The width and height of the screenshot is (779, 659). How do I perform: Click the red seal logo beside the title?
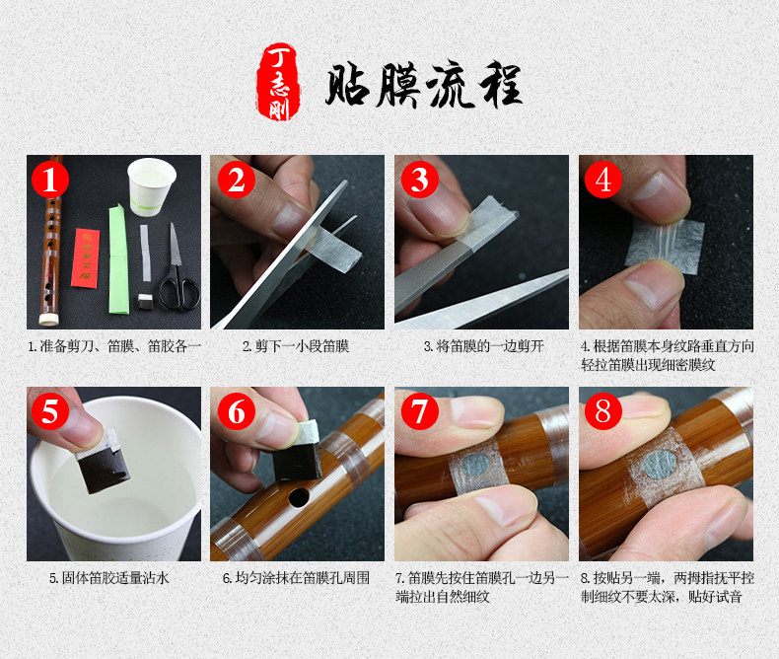click(x=279, y=82)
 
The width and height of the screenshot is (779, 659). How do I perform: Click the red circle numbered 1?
click(x=50, y=179)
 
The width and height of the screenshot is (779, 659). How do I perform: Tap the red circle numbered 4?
click(x=603, y=179)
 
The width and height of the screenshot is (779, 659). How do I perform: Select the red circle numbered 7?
click(x=420, y=411)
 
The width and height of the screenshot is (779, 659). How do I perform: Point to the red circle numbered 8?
click(x=603, y=411)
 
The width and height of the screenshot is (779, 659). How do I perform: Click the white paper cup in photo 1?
click(x=152, y=186)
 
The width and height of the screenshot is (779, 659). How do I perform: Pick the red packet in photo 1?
click(x=85, y=257)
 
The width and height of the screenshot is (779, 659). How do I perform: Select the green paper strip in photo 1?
click(x=118, y=259)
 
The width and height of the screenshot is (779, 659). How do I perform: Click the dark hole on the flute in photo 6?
click(x=299, y=497)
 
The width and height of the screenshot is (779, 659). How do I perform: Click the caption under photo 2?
click(x=296, y=346)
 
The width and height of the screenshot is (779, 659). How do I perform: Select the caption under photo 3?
click(x=484, y=346)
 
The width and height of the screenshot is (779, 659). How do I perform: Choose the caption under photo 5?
click(x=109, y=578)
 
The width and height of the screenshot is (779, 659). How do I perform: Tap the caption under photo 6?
click(x=296, y=578)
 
